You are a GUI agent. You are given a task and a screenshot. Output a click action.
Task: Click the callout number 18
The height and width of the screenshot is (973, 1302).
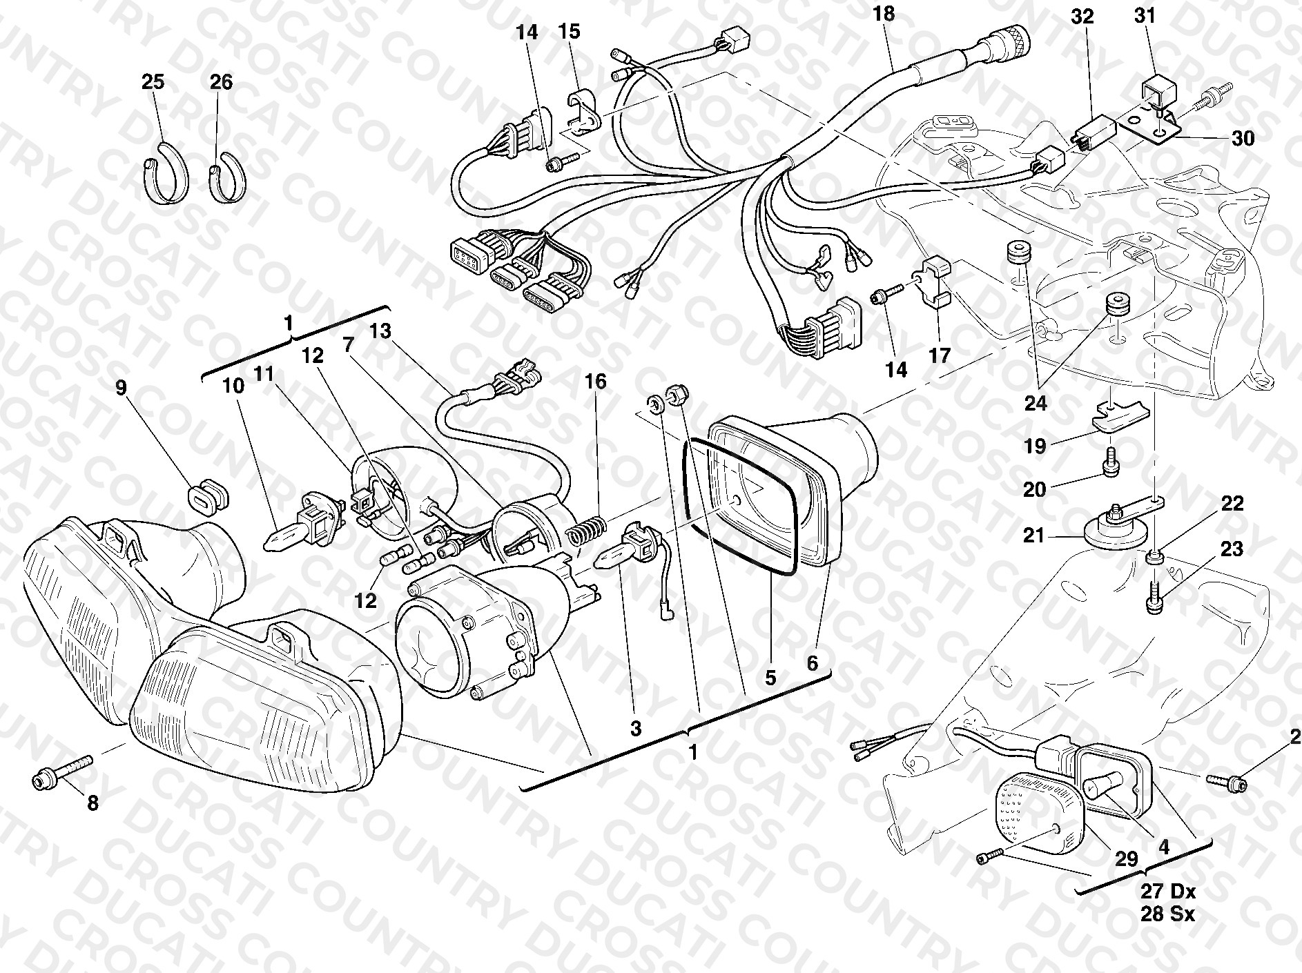click(883, 14)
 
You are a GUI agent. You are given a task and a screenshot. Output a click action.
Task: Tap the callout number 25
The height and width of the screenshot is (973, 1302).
click(153, 82)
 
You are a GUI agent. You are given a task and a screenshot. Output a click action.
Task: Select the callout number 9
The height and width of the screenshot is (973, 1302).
click(122, 388)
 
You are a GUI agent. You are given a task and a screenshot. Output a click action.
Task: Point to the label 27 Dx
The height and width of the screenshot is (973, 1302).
click(1168, 892)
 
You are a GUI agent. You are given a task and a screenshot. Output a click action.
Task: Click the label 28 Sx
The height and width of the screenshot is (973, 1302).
click(1168, 915)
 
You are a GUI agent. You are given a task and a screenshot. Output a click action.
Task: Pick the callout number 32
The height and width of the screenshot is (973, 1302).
click(1082, 17)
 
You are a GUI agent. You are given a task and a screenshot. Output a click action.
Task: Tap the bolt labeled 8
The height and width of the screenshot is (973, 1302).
click(62, 773)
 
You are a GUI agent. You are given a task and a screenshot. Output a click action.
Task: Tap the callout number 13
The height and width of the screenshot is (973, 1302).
click(380, 332)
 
